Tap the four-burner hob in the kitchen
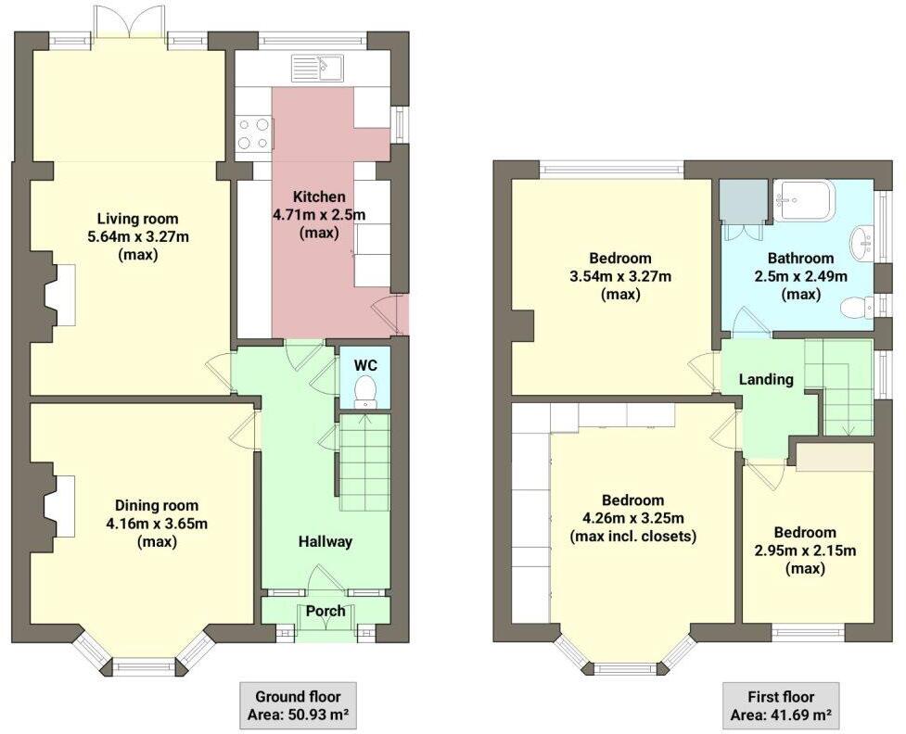coord(254,133)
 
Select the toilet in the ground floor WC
coord(366,390)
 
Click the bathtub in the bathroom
coord(804,200)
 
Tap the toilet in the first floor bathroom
coord(855,307)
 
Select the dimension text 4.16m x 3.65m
coord(157,524)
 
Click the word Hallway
coord(325,541)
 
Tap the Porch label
coord(325,611)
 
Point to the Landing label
coord(766,379)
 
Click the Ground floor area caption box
coord(297,705)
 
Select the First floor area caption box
coord(781,705)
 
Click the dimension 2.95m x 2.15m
coord(805,550)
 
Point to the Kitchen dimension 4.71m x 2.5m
coord(319,215)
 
